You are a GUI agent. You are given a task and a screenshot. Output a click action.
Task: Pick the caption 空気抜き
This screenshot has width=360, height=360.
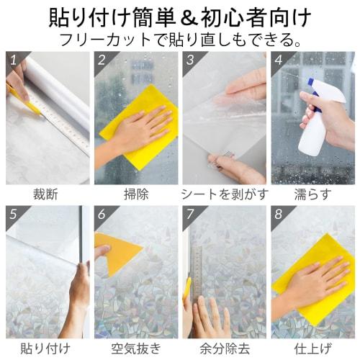[x=135, y=348]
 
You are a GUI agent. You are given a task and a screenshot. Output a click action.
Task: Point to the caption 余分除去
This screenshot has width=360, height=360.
[x=224, y=348]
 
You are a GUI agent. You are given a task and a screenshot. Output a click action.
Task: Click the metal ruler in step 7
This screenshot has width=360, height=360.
[x=195, y=274]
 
